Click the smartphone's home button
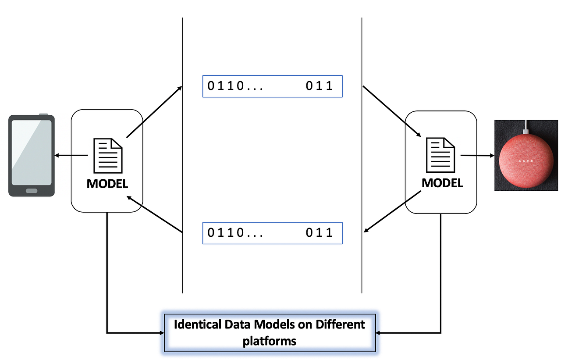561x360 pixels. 32,191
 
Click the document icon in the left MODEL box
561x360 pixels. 107,156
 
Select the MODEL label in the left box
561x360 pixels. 107,184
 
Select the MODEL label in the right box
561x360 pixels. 442,183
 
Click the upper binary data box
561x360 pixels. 272,86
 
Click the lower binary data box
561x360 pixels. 272,233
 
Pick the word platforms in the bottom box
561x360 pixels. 270,341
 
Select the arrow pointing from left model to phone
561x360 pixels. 71,155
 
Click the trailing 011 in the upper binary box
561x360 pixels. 320,86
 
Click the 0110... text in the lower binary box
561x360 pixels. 235,233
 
